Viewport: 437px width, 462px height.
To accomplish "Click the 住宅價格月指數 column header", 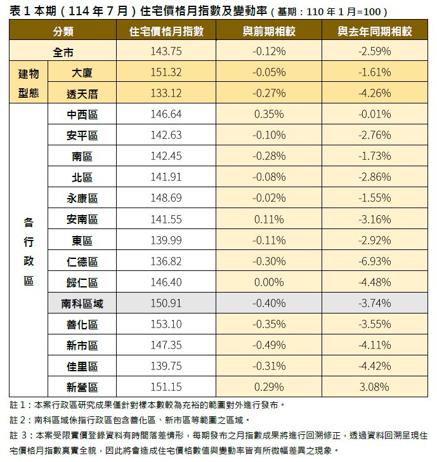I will tap(166, 31).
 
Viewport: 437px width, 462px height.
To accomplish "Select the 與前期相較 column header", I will tap(268, 31).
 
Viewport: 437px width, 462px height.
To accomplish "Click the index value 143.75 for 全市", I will tap(166, 52).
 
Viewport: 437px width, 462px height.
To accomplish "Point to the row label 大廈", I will tap(82, 72).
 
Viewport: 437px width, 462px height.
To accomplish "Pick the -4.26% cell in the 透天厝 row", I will tap(374, 93).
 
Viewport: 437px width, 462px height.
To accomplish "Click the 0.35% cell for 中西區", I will tap(268, 114).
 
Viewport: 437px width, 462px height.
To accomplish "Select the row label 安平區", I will tap(82, 135).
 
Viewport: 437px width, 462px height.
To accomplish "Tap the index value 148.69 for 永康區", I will tap(166, 198).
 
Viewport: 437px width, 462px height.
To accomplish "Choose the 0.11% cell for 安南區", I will tap(268, 219).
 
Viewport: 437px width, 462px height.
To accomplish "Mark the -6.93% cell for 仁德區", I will tap(374, 261).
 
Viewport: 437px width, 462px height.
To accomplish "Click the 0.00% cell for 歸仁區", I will tap(268, 282).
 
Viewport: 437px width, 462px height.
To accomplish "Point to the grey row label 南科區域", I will tap(82, 303).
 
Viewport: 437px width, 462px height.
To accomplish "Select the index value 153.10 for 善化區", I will tap(166, 324).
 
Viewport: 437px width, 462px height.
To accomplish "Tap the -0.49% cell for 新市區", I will tap(268, 345).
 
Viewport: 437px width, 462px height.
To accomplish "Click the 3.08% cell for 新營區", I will tap(374, 387).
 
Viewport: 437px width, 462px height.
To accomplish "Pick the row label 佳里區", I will tap(82, 366).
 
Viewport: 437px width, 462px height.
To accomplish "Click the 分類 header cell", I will tap(63, 31).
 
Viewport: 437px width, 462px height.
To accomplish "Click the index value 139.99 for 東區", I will tap(166, 241).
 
